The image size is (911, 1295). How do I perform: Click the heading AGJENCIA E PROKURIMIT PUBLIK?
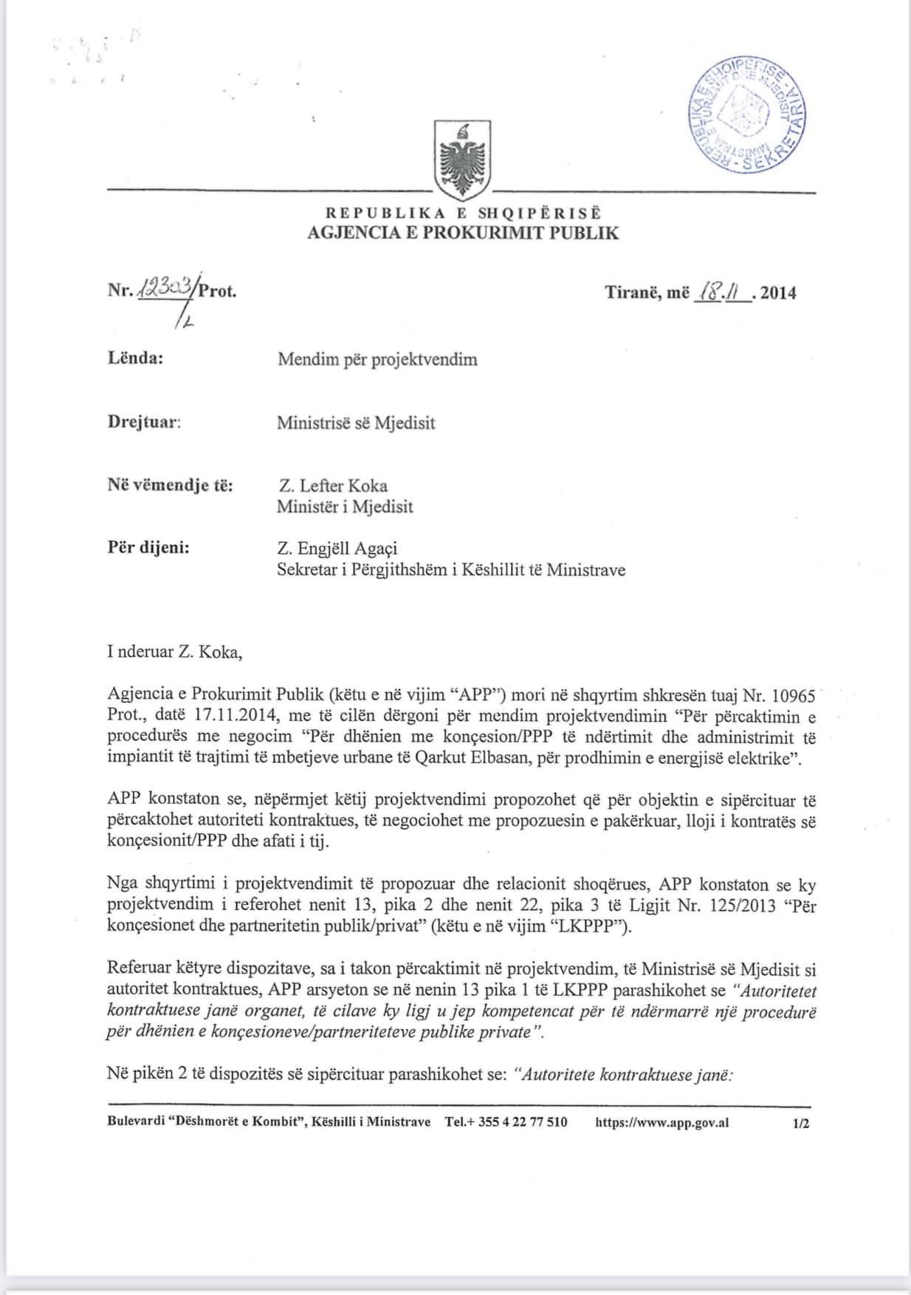[463, 233]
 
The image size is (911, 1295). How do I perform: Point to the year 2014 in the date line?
[778, 293]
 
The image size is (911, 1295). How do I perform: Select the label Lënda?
[135, 359]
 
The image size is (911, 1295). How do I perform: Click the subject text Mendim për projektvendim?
[377, 360]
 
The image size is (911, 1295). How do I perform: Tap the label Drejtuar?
[144, 423]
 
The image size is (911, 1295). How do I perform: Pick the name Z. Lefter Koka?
[332, 486]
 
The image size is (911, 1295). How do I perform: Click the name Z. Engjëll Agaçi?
[338, 549]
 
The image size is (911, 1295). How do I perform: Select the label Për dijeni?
[148, 549]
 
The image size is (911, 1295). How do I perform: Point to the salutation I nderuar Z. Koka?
[174, 652]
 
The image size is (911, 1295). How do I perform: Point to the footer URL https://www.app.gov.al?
[661, 1122]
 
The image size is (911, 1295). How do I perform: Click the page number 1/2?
[800, 1123]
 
